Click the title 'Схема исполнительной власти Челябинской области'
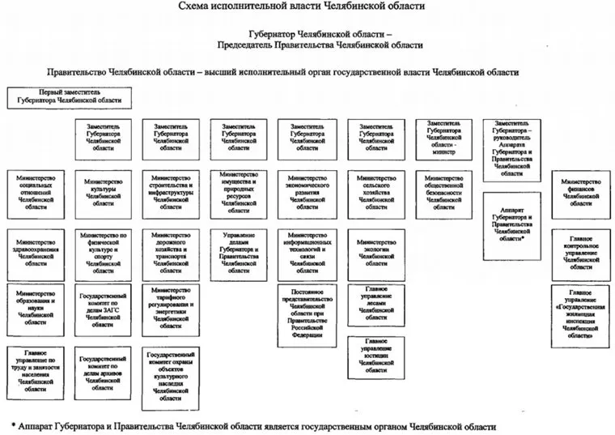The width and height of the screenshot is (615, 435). point(308,7)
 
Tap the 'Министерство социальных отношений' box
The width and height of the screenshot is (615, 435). point(36,193)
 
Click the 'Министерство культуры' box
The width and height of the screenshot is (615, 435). point(102,193)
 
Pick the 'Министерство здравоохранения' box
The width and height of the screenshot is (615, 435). point(36,252)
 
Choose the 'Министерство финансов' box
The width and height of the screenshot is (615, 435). point(580,193)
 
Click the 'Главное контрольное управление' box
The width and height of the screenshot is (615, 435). point(580,252)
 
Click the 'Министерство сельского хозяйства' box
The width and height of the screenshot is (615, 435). point(376,193)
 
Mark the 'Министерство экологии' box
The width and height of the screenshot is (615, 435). point(376,252)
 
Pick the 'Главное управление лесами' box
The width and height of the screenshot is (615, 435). point(376,306)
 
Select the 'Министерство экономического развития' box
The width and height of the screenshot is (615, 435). point(307,193)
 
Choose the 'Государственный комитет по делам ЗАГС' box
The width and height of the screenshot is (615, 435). point(102,309)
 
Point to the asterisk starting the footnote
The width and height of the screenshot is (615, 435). point(15,425)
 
